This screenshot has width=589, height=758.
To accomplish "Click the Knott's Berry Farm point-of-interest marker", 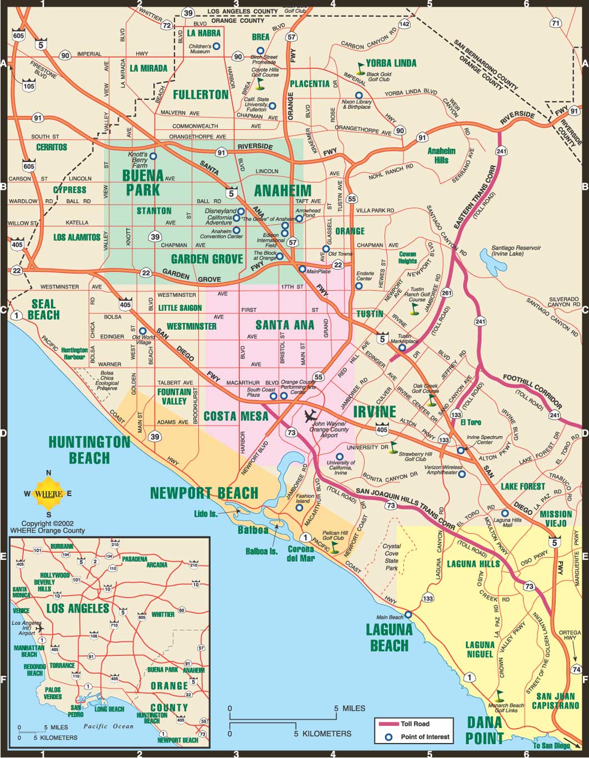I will click(x=153, y=156).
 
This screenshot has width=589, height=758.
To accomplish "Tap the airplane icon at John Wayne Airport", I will click(x=311, y=415).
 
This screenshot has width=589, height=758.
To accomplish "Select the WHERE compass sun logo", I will click(x=48, y=493).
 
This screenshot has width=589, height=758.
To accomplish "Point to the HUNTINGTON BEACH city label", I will click(x=89, y=450).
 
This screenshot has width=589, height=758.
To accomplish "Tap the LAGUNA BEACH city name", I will click(x=389, y=637).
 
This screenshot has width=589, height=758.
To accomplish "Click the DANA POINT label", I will click(x=485, y=730).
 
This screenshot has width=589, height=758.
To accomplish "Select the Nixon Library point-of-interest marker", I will click(x=359, y=95).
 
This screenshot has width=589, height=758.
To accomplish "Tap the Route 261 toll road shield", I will click(x=446, y=293).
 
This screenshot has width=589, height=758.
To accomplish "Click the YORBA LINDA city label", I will click(x=391, y=63).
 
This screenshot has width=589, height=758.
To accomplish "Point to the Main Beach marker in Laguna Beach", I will click(x=408, y=615).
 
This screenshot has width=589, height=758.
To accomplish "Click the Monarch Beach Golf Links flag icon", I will click(x=500, y=694).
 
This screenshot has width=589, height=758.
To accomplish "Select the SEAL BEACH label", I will click(x=43, y=309).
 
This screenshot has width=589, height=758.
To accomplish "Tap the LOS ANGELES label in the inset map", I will click(x=77, y=608).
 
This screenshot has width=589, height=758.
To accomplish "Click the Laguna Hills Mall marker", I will click(x=505, y=513).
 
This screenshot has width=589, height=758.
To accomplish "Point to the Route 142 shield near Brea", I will click(x=404, y=24).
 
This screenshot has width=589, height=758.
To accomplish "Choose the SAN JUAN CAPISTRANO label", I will click(x=556, y=701).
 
